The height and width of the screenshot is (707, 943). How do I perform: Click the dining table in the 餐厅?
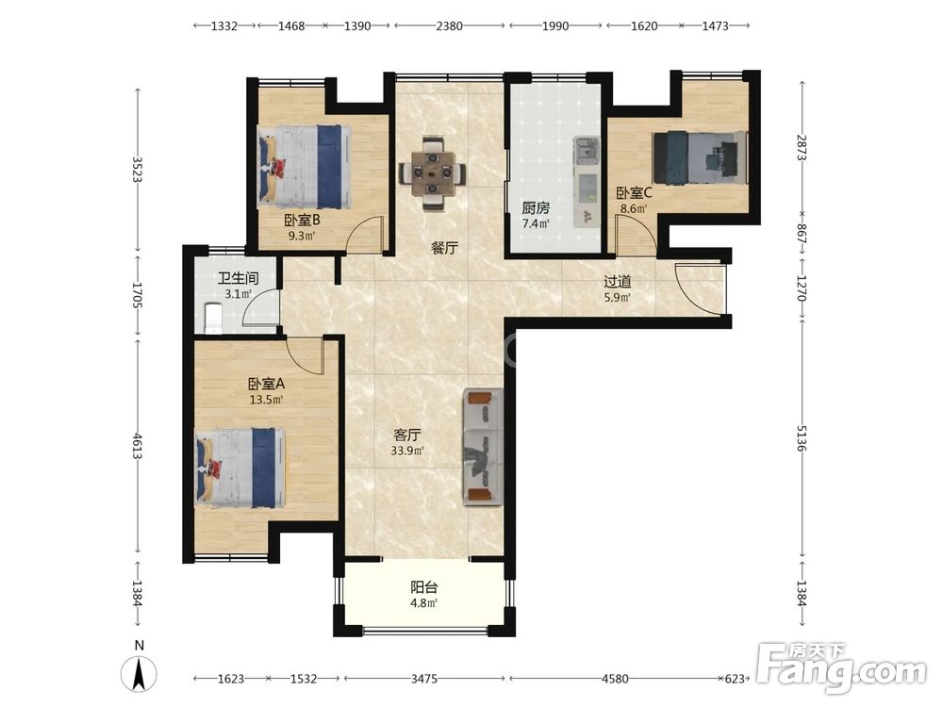(x=433, y=173)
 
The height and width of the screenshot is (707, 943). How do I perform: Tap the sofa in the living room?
(x=483, y=447)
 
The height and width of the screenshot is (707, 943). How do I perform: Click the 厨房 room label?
(x=536, y=208)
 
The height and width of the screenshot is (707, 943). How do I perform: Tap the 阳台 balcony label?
(x=424, y=586)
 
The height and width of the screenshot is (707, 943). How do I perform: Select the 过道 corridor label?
(x=618, y=281)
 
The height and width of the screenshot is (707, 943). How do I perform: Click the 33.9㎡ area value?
(x=407, y=451)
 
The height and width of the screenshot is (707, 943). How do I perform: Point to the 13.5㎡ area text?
(x=267, y=399)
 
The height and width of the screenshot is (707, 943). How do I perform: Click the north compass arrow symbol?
(x=139, y=673)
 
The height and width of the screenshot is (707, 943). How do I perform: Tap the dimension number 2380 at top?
(x=449, y=25)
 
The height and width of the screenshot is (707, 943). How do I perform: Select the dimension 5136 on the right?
(x=801, y=438)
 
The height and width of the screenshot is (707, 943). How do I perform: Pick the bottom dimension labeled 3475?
(x=424, y=679)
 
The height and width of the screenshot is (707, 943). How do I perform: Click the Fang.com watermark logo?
(x=842, y=667)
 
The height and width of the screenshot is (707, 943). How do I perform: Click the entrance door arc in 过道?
(x=698, y=288)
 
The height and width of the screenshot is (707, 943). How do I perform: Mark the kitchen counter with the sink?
(x=587, y=182)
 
